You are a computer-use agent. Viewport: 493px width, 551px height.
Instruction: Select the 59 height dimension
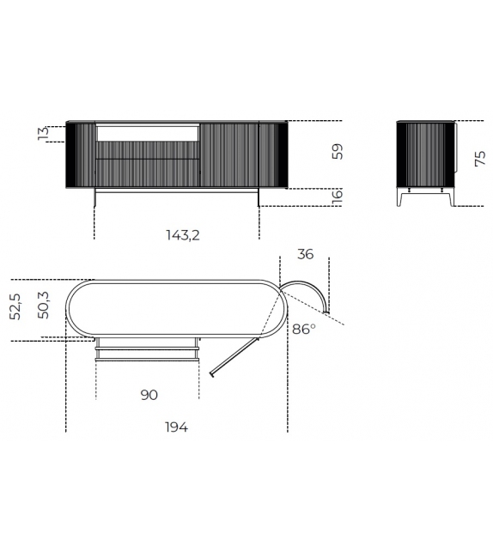pyautogui.click(x=338, y=152)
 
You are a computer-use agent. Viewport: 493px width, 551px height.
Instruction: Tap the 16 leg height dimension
pyautogui.click(x=338, y=196)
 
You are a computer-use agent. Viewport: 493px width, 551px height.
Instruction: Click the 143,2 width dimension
pyautogui.click(x=181, y=233)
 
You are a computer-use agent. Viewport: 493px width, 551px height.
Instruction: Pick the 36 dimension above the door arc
pyautogui.click(x=304, y=254)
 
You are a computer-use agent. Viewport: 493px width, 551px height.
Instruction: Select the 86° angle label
pyautogui.click(x=304, y=329)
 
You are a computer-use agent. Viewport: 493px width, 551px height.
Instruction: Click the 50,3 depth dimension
pyautogui.click(x=44, y=305)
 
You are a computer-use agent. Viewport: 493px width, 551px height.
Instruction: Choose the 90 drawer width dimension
pyautogui.click(x=148, y=395)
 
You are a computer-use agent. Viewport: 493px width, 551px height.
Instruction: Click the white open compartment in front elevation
pyautogui.click(x=148, y=132)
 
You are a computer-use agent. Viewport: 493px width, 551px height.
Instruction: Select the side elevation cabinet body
pyautogui.click(x=426, y=154)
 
